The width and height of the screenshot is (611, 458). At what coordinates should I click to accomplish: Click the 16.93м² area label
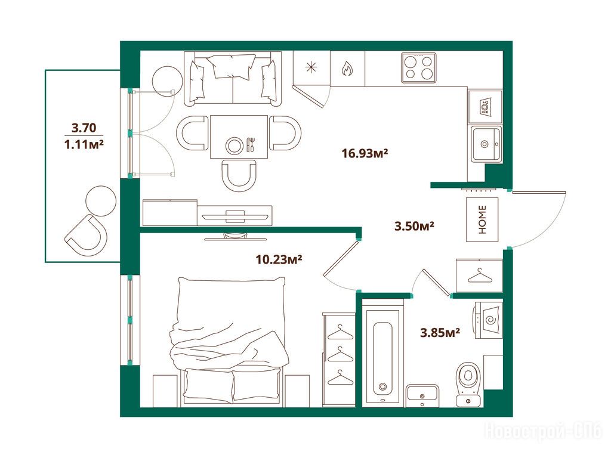point(365,153)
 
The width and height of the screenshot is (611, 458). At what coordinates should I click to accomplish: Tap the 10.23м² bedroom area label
point(279,259)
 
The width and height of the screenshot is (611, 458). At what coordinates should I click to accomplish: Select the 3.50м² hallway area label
point(415,226)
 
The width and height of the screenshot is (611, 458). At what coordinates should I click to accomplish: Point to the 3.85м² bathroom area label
point(440,333)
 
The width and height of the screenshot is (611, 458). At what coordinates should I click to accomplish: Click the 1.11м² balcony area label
point(84,145)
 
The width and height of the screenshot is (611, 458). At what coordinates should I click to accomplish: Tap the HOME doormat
point(482,219)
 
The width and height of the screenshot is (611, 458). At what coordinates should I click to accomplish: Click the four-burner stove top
point(419,68)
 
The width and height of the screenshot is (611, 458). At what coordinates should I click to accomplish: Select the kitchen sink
point(486,144)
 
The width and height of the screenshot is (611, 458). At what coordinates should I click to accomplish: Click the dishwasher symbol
point(485,106)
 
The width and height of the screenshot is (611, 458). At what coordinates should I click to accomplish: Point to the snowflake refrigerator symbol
point(310,68)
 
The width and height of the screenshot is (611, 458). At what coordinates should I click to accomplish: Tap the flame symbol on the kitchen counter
point(347,69)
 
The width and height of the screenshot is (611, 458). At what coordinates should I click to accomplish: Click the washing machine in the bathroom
point(488,320)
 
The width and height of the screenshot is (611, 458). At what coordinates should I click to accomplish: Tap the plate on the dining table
point(234,146)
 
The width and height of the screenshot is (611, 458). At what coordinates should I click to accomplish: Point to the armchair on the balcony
point(86,235)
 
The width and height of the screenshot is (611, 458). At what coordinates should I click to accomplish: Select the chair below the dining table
point(239,176)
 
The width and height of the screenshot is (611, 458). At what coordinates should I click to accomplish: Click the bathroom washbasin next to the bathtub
point(422,396)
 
